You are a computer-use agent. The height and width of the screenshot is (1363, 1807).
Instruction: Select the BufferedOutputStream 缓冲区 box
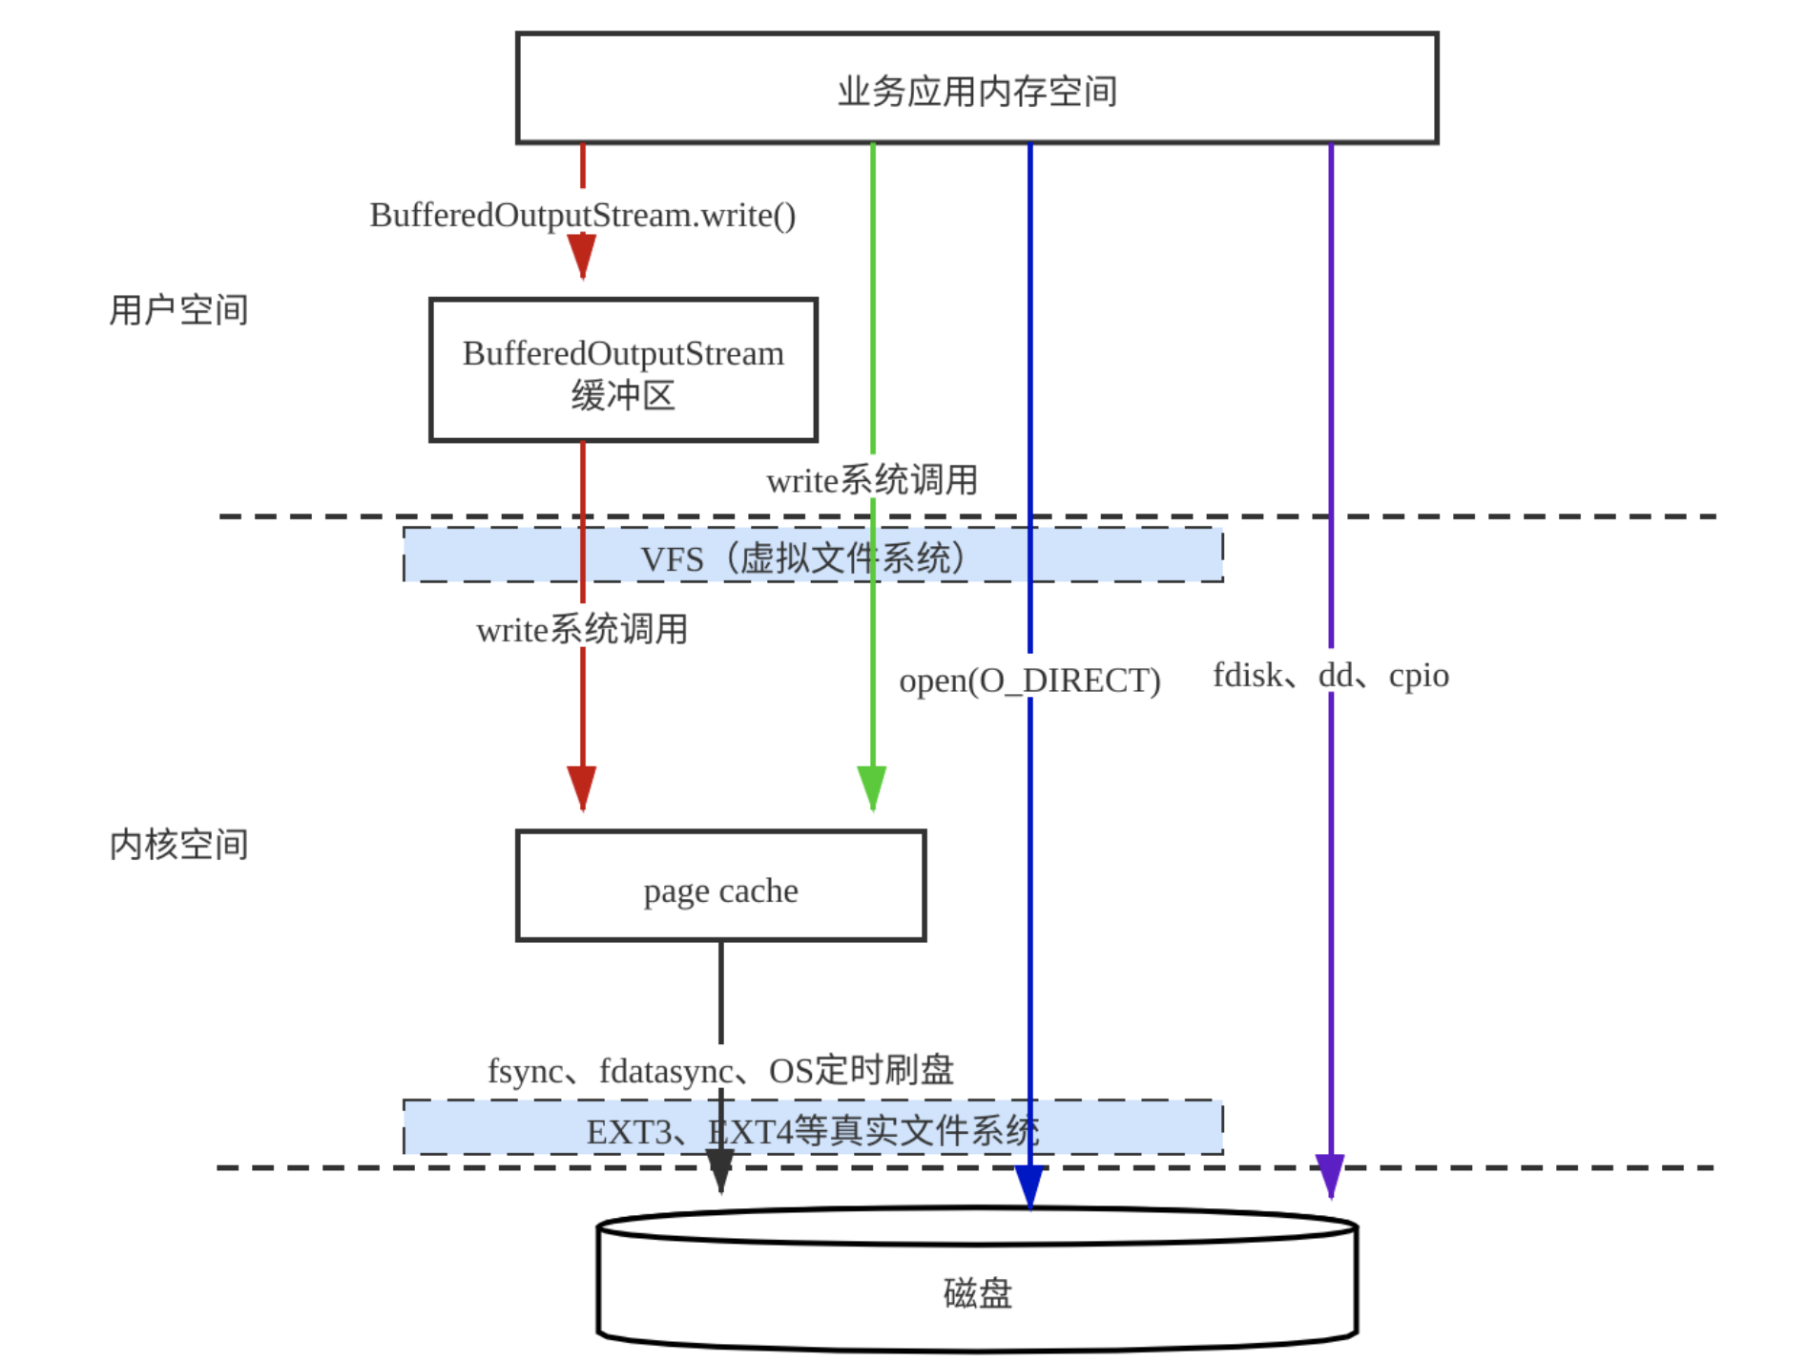coord(623,370)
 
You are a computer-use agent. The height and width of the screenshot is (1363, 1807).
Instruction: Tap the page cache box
coord(720,887)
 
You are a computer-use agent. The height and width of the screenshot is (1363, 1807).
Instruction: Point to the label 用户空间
coord(178,310)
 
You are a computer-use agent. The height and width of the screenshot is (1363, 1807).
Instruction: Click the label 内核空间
coord(178,845)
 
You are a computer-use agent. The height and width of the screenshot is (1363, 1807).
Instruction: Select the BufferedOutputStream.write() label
coord(582,216)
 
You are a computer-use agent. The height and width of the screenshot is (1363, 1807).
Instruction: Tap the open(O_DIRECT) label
coord(1029,681)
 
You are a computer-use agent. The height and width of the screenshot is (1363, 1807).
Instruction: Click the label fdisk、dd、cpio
coord(1330,676)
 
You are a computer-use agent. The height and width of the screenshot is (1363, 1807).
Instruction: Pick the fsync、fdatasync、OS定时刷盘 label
coord(720,1070)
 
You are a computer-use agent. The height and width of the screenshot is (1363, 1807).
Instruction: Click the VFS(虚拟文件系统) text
coord(802,558)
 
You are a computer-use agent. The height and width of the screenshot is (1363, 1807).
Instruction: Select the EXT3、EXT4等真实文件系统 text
coord(812,1132)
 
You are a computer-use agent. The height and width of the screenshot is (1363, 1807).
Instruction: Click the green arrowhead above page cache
coord(872,787)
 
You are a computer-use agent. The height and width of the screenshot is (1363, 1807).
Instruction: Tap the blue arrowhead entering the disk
coord(1029,1187)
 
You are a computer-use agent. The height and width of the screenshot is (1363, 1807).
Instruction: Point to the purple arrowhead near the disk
coord(1330,1175)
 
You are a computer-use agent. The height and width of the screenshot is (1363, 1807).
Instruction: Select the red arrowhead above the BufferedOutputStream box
coord(582,256)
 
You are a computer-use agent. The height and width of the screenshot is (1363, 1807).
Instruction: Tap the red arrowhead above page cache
coord(582,787)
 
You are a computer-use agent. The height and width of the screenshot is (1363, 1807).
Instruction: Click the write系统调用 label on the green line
coord(872,480)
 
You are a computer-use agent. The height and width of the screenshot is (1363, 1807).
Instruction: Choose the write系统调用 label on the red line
coord(582,630)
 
